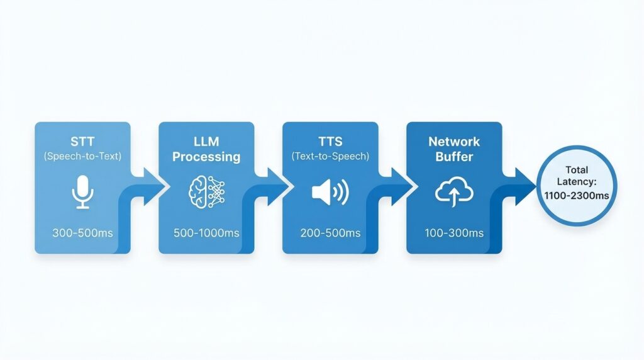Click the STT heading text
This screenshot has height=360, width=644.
[82, 142]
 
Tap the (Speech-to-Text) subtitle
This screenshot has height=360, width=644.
[82, 156]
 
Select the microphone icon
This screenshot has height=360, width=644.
[82, 192]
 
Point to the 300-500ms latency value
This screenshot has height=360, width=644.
[82, 233]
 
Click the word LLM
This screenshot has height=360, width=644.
[206, 142]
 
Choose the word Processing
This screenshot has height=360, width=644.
[206, 157]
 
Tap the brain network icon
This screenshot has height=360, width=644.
[206, 192]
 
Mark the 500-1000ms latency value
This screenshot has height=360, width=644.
[206, 233]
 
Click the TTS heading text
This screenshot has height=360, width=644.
[330, 142]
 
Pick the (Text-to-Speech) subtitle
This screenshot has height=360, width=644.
[330, 156]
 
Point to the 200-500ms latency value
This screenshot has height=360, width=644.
[330, 233]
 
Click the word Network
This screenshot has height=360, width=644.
[454, 142]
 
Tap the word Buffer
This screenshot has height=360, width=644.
[454, 157]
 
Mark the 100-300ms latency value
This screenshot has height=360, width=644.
[454, 233]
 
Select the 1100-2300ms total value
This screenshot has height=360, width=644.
[577, 195]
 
